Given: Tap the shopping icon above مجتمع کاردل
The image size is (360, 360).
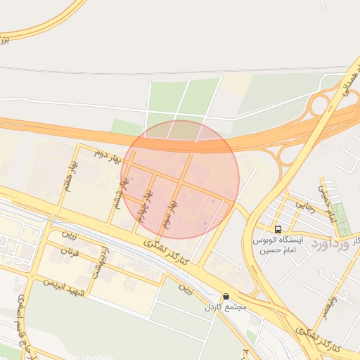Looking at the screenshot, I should [x=226, y=297].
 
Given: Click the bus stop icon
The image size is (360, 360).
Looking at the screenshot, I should [x=278, y=229].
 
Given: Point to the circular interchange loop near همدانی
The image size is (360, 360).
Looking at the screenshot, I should [x=320, y=106].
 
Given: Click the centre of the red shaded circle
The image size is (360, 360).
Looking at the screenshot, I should [x=180, y=179].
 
